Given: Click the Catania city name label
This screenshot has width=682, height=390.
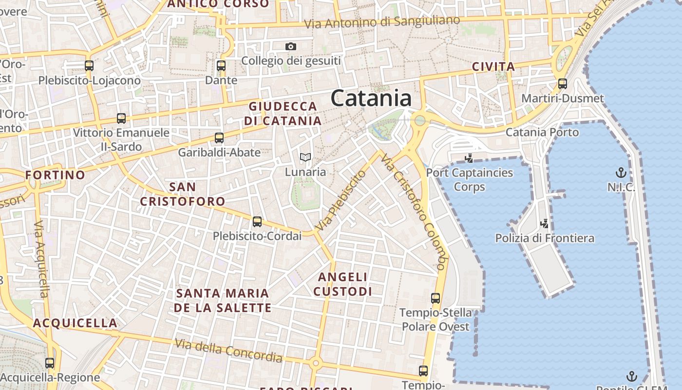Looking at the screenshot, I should pyautogui.click(x=371, y=98).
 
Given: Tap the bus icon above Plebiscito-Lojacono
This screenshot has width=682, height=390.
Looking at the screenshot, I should pyautogui.click(x=89, y=66).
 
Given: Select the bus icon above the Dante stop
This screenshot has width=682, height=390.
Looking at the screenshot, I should pyautogui.click(x=221, y=66).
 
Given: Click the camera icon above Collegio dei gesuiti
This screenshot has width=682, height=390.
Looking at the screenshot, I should pyautogui.click(x=291, y=46).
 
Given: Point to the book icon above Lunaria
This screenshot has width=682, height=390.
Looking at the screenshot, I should pyautogui.click(x=305, y=157).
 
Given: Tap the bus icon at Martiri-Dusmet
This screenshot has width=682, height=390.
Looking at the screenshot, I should pyautogui.click(x=563, y=84).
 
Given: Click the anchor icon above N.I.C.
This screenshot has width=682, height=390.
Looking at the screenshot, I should pyautogui.click(x=621, y=173).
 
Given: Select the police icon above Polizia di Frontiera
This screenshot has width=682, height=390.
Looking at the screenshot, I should pyautogui.click(x=545, y=224).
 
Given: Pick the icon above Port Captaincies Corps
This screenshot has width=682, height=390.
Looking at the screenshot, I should pyautogui.click(x=469, y=158).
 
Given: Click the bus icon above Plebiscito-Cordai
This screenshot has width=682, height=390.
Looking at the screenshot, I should pyautogui.click(x=257, y=222).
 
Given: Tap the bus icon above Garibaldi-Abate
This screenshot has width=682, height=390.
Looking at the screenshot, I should pyautogui.click(x=219, y=138).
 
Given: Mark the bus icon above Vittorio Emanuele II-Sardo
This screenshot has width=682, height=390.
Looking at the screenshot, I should pyautogui.click(x=121, y=118).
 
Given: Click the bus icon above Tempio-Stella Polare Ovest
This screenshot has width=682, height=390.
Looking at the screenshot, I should pyautogui.click(x=436, y=298).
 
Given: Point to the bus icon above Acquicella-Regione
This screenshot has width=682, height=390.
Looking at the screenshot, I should pyautogui.click(x=50, y=363).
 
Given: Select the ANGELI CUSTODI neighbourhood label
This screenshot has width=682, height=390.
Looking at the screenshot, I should pyautogui.click(x=342, y=284).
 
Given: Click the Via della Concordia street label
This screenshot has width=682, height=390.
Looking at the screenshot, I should pyautogui.click(x=228, y=351).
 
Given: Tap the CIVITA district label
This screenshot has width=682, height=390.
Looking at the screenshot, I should pyautogui.click(x=493, y=67).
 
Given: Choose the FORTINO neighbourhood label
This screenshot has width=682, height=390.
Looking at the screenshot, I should pyautogui.click(x=55, y=175).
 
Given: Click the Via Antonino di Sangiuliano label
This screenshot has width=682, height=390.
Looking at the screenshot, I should pyautogui.click(x=382, y=22).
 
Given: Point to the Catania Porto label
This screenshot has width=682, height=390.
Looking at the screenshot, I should pyautogui.click(x=542, y=132).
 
